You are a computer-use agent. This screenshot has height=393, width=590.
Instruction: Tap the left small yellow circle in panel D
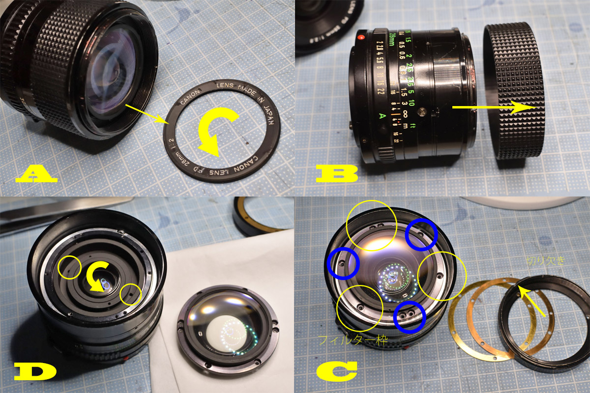tap(70, 267)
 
